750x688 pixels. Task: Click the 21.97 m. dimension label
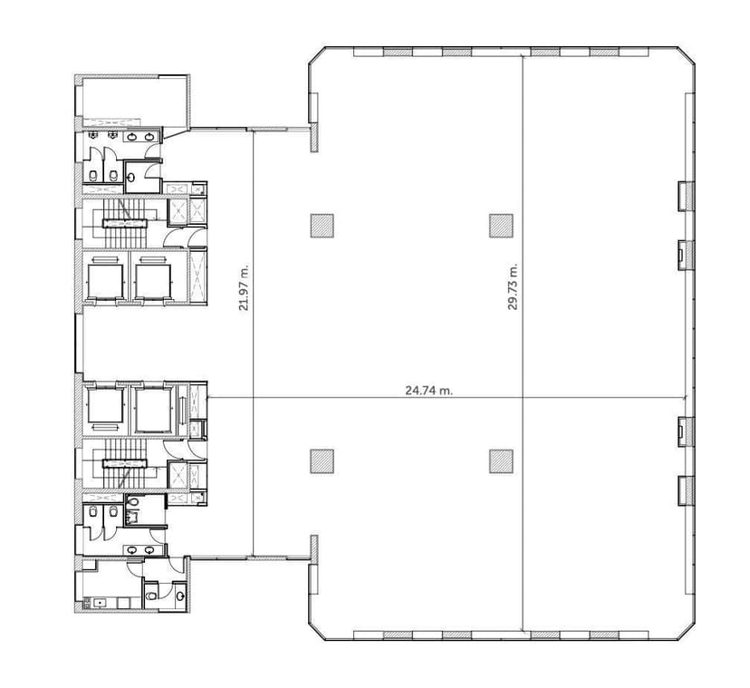[243, 288]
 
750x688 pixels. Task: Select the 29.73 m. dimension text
[513, 287]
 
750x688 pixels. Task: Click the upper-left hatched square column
[322, 225]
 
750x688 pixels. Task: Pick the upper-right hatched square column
[501, 225]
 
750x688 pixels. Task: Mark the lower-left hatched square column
[322, 461]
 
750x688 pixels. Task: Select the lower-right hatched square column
[501, 461]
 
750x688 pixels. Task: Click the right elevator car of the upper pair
[151, 277]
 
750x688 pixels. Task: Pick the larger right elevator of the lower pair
[155, 409]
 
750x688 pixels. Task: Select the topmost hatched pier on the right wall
[687, 195]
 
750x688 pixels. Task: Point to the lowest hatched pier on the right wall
[687, 490]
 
